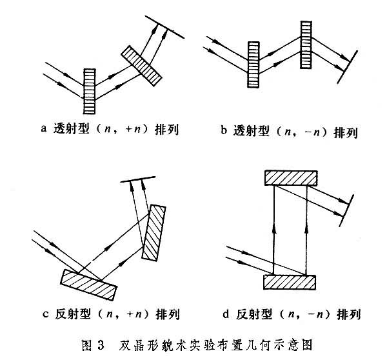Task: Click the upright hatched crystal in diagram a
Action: click(90, 91)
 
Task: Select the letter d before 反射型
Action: click(223, 314)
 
